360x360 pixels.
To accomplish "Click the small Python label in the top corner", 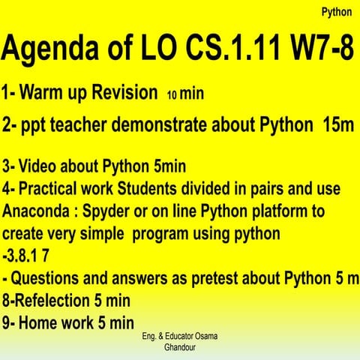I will click(x=336, y=12).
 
